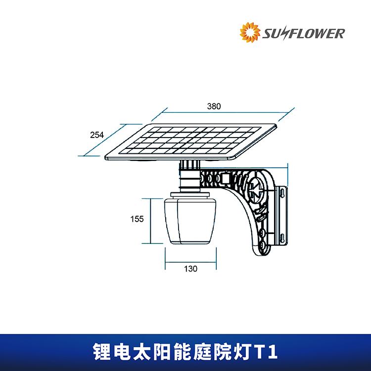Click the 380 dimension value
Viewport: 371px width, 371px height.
pyautogui.click(x=214, y=106)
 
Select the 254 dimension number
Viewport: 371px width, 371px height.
pyautogui.click(x=97, y=135)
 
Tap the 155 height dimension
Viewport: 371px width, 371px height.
pyautogui.click(x=137, y=219)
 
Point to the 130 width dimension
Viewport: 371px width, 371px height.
pyautogui.click(x=191, y=269)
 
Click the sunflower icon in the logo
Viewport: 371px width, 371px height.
pyautogui.click(x=250, y=33)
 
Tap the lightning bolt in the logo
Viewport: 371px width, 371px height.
pyautogui.click(x=285, y=34)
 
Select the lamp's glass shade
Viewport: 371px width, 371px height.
pyautogui.click(x=190, y=221)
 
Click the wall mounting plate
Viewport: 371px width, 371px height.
pyautogui.click(x=282, y=216)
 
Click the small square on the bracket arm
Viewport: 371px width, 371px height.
pyautogui.click(x=226, y=179)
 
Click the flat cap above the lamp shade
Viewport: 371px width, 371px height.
pyautogui.click(x=190, y=195)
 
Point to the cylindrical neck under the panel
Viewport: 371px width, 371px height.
pyautogui.click(x=190, y=176)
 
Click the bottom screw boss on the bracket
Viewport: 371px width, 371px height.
pyautogui.click(x=262, y=246)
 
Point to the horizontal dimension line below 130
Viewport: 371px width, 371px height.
pyautogui.click(x=191, y=262)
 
